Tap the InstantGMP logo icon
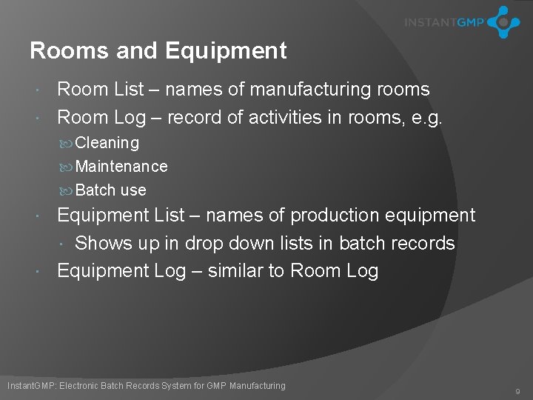tap(503, 21)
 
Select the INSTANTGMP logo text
tap(443, 22)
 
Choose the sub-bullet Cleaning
tap(107, 142)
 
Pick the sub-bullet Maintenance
tap(121, 166)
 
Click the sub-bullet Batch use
tap(110, 190)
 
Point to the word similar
tap(235, 270)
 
